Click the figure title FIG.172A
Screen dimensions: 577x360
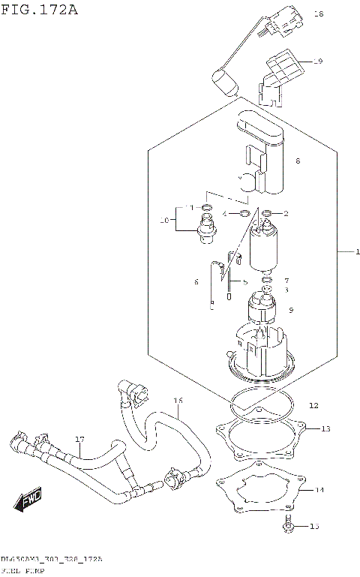point(39,10)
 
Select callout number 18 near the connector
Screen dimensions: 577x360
point(318,14)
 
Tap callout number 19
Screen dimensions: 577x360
point(318,62)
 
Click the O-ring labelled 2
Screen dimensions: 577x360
point(267,214)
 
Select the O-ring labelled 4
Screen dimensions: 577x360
point(244,214)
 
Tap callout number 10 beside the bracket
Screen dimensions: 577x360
point(164,221)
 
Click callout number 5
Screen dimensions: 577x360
point(244,282)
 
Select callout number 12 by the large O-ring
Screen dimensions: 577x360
point(313,405)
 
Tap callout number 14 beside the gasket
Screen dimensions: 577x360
point(319,490)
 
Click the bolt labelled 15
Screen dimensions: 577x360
point(289,528)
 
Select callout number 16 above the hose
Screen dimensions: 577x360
point(178,401)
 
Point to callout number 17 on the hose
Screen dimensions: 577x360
point(79,440)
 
